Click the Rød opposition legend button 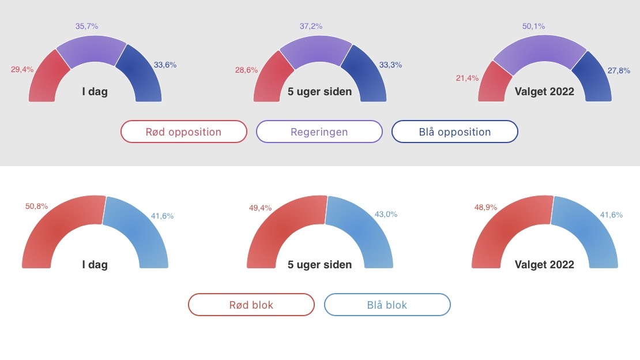point(184,132)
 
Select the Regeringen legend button point(319,132)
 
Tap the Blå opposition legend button point(455,132)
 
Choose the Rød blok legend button point(251,305)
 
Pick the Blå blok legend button point(387,305)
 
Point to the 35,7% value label point(86,26)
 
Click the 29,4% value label point(22,69)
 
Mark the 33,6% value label point(165,65)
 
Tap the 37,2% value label point(311,26)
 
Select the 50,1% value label point(533,26)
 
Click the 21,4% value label point(468,78)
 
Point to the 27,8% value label point(619,70)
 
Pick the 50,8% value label point(37,207)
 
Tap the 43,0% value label point(386,214)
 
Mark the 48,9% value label point(485,207)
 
